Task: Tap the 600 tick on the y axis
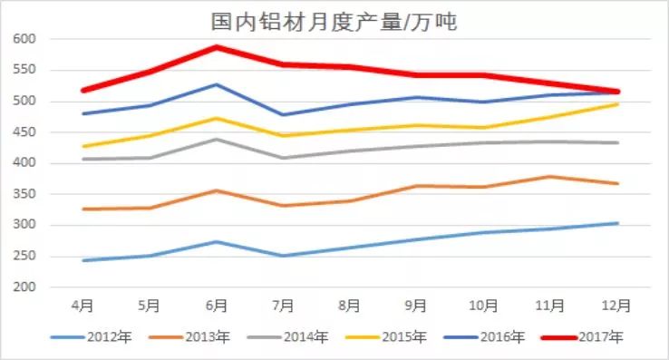pos(24,39)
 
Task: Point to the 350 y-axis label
pos(24,194)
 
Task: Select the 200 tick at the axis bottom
pos(24,287)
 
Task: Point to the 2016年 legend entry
pos(500,338)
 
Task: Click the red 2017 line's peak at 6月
pos(216,47)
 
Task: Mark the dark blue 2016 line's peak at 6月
pos(216,84)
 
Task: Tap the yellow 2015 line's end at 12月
pos(616,104)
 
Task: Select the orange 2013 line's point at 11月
pos(549,177)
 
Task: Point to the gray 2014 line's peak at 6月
pos(216,139)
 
